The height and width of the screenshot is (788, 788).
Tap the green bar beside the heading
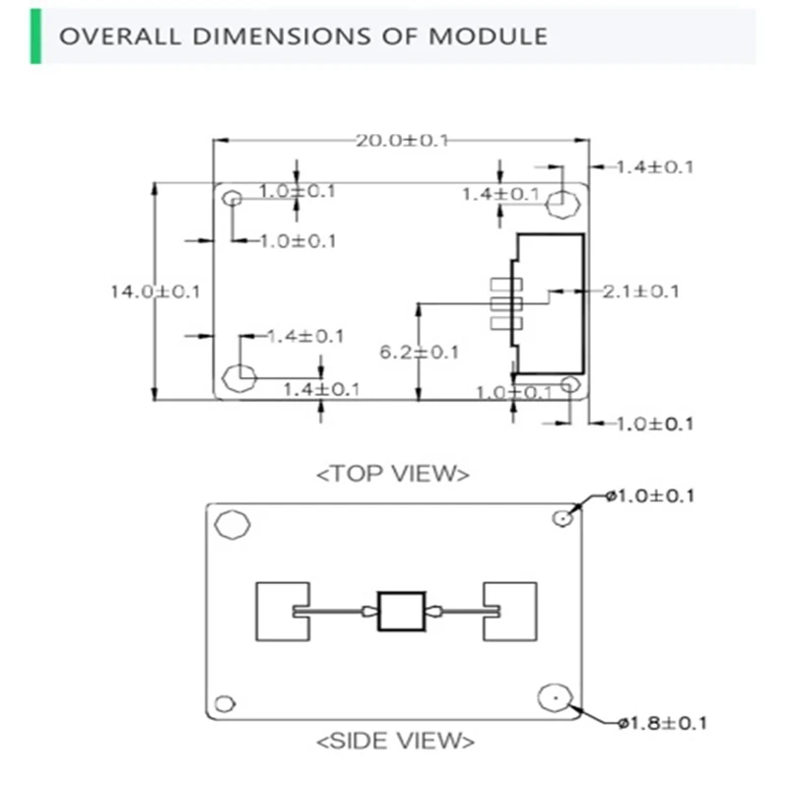(x=36, y=36)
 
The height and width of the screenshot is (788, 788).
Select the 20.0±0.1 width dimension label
(x=402, y=140)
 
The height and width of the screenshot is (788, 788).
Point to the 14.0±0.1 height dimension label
(x=155, y=291)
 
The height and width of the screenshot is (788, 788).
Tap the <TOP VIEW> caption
(x=392, y=473)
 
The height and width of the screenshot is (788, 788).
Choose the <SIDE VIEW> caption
(x=395, y=739)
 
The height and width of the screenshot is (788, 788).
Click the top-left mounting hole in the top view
(x=232, y=199)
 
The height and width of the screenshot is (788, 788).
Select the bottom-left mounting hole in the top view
(x=239, y=375)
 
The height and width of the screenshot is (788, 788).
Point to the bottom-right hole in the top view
(x=570, y=384)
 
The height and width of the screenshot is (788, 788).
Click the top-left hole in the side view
(x=233, y=524)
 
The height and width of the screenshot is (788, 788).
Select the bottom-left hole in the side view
(x=226, y=703)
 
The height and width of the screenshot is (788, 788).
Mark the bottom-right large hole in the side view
(x=554, y=698)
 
